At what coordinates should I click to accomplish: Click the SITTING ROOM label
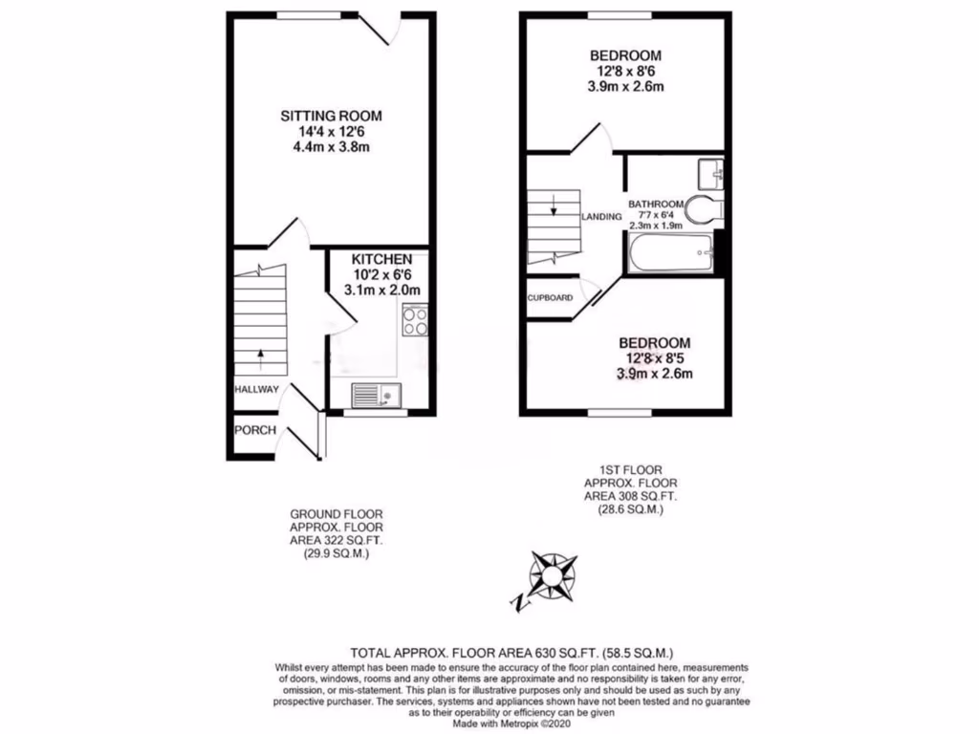pyautogui.click(x=324, y=116)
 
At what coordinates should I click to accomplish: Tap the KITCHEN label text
pyautogui.click(x=381, y=259)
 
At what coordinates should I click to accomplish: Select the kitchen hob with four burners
pyautogui.click(x=415, y=320)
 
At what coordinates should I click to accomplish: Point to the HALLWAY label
pyautogui.click(x=257, y=389)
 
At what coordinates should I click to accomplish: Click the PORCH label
pyautogui.click(x=256, y=430)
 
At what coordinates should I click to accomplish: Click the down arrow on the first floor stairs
pyautogui.click(x=553, y=202)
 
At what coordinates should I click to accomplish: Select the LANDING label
pyautogui.click(x=600, y=217)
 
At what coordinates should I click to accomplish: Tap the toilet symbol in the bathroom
pyautogui.click(x=707, y=210)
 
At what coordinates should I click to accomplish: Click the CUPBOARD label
pyautogui.click(x=551, y=298)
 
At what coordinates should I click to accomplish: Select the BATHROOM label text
pyautogui.click(x=655, y=204)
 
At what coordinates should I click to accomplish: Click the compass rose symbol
pyautogui.click(x=553, y=572)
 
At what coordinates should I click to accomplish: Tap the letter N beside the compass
pyautogui.click(x=519, y=603)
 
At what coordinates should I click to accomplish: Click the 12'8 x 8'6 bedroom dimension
pyautogui.click(x=624, y=71)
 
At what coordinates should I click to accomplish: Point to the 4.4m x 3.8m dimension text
pyautogui.click(x=324, y=147)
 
